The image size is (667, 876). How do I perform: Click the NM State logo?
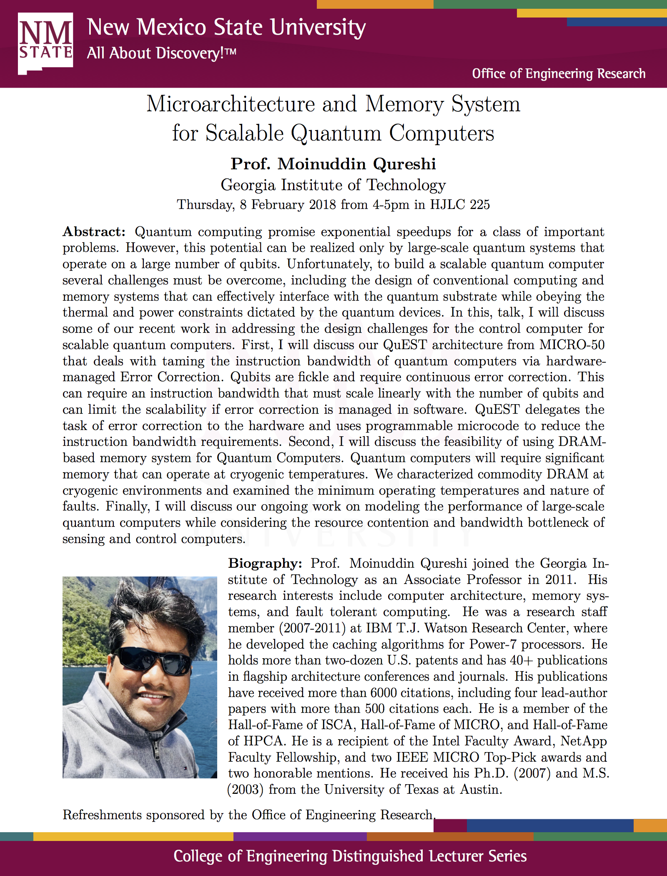[x=45, y=43]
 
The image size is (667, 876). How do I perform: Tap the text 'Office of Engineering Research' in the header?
[x=558, y=74]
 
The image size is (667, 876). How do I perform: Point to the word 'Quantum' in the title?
[x=336, y=133]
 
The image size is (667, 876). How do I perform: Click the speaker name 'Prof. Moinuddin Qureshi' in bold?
[x=333, y=164]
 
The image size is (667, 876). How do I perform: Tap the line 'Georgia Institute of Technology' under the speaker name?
[x=333, y=185]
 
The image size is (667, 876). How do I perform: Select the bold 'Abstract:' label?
[x=94, y=232]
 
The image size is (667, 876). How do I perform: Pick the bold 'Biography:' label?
[x=265, y=564]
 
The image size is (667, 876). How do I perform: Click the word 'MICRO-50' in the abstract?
[x=572, y=345]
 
